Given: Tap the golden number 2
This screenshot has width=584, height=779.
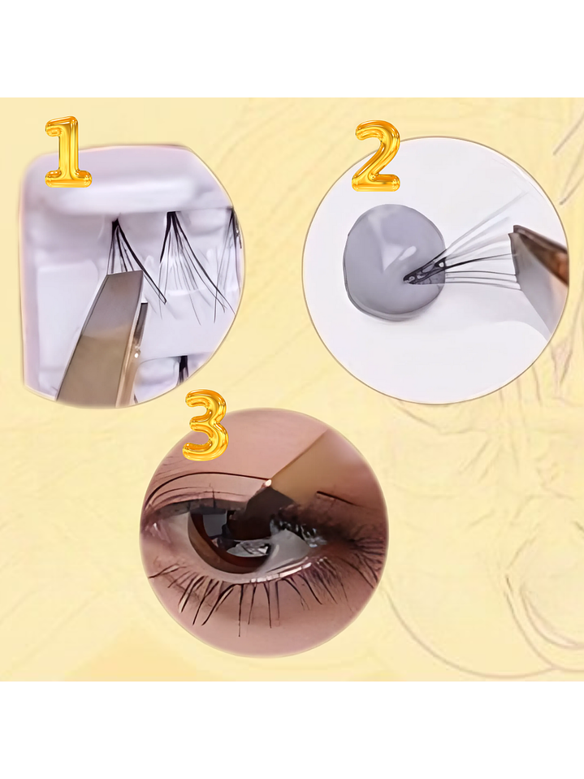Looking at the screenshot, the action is (x=376, y=157).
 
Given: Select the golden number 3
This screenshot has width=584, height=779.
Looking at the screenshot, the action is (x=205, y=426).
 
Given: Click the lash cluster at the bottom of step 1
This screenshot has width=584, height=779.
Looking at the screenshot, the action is (x=183, y=370).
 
